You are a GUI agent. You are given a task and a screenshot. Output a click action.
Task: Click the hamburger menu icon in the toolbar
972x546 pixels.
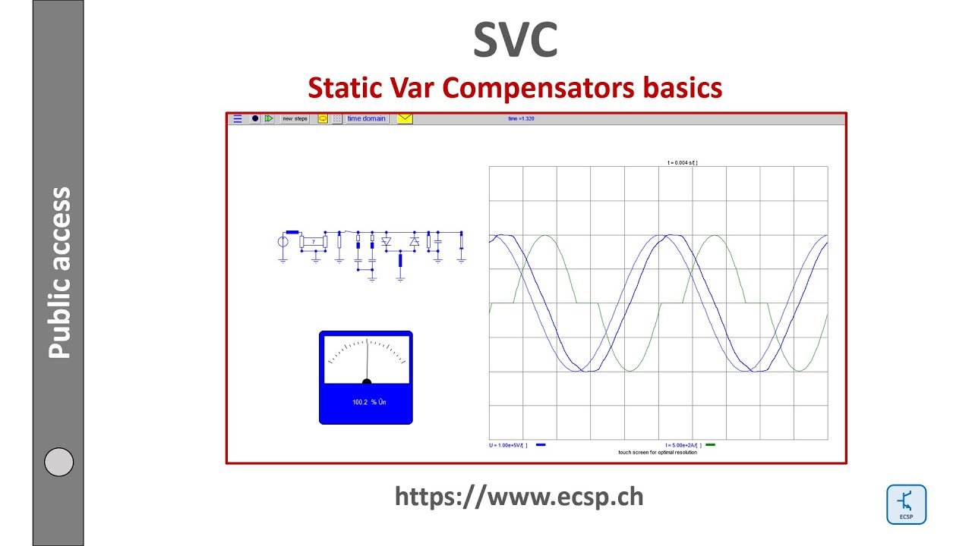point(238,119)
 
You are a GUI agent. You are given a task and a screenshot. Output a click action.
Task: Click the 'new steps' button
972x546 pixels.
point(295,119)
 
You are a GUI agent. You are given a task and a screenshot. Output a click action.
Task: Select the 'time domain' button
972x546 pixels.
point(367,119)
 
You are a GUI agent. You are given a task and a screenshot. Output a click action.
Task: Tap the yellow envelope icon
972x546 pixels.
point(405,119)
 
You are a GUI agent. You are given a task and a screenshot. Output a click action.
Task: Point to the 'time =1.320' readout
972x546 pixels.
point(522,119)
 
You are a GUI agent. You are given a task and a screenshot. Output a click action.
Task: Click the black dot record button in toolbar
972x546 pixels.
point(255,119)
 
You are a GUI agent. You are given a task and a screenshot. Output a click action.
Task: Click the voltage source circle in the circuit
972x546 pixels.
point(282,242)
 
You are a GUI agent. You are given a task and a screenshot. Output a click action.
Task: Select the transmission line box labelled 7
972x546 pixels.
point(314,242)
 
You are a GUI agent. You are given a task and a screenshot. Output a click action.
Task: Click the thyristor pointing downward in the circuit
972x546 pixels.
point(386,242)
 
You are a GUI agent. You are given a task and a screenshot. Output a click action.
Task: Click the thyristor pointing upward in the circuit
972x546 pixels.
point(414,242)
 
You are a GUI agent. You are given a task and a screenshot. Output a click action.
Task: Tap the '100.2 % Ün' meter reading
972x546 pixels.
point(369,402)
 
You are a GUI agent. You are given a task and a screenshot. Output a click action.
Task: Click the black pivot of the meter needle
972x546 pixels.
point(367,382)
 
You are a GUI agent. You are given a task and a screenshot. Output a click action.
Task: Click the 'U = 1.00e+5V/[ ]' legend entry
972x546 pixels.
point(508,445)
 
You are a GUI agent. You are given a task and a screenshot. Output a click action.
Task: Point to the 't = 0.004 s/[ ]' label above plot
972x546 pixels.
point(683,162)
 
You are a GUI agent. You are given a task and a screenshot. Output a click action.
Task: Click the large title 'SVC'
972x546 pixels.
point(516,40)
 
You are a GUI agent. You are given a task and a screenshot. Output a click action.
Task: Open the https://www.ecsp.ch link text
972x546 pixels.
point(519,496)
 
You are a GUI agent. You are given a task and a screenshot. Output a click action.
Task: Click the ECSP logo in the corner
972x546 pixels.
point(907,504)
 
